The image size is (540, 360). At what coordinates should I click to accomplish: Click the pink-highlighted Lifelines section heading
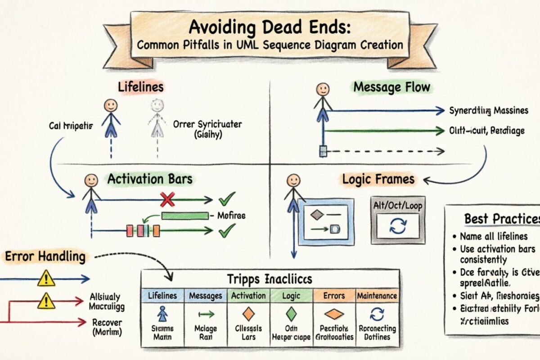[141, 87]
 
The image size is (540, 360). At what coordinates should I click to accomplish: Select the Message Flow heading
[391, 87]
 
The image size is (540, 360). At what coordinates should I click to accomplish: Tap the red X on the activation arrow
[167, 199]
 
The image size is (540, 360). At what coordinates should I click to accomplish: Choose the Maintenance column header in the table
[377, 296]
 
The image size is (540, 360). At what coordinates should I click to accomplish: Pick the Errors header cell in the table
[334, 296]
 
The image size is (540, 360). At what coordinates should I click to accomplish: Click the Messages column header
[206, 296]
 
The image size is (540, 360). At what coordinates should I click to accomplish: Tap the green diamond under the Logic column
[291, 314]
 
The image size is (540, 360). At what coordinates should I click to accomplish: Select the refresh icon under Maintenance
[377, 314]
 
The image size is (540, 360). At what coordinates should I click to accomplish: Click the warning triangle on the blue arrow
[46, 279]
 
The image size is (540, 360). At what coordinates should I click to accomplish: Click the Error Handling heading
[45, 257]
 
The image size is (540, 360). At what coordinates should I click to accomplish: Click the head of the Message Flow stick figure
[322, 89]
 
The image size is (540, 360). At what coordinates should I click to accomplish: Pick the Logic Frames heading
[378, 179]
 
